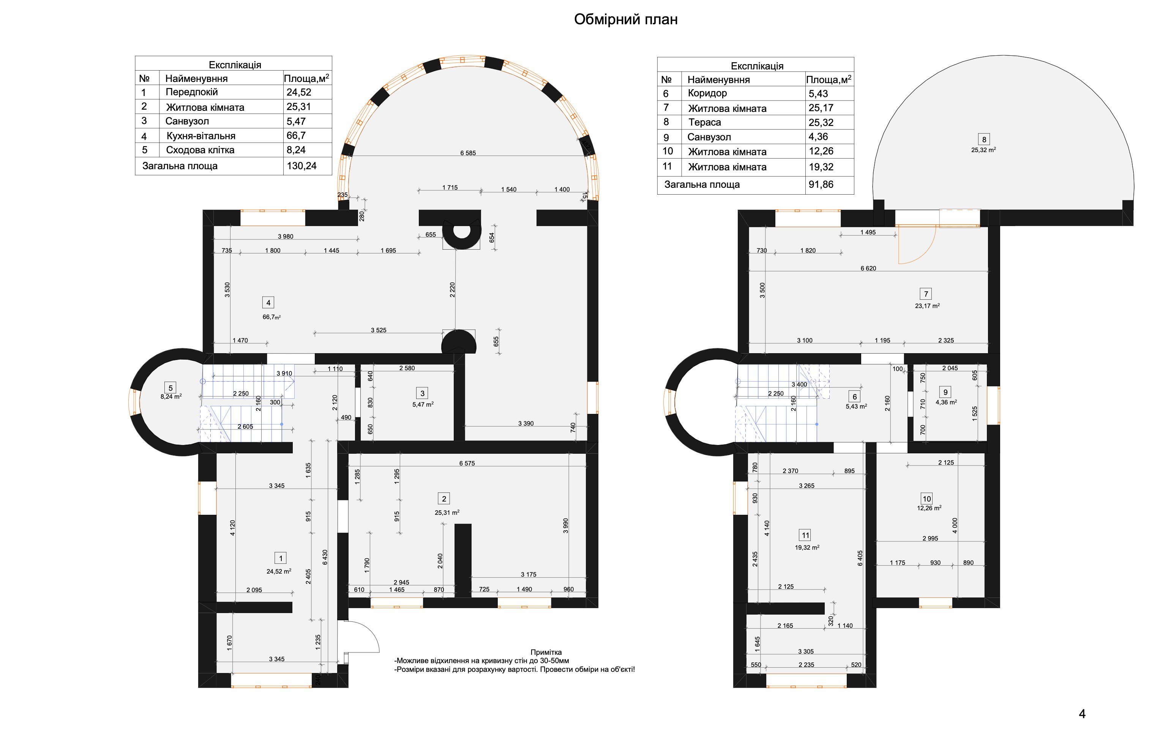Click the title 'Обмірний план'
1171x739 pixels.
(625, 19)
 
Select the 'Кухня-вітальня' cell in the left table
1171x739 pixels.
(200, 136)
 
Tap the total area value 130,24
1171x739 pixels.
(301, 166)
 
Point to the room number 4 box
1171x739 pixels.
(268, 303)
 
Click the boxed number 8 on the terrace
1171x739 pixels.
(984, 140)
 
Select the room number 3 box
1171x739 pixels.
(422, 393)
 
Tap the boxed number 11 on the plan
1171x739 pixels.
(805, 535)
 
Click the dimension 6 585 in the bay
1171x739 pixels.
(468, 153)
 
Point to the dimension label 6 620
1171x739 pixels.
(868, 268)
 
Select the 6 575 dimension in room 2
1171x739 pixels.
(467, 464)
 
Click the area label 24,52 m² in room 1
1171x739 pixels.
(279, 571)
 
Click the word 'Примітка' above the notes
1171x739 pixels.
(546, 653)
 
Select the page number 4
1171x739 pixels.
(1082, 714)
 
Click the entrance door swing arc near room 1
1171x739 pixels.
(372, 632)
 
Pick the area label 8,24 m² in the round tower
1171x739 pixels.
(171, 396)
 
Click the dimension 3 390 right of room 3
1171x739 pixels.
(526, 424)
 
